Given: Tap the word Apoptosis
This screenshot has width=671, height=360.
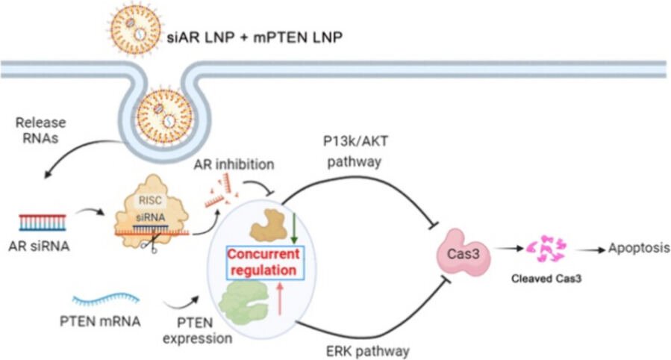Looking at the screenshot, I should point(638,249).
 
